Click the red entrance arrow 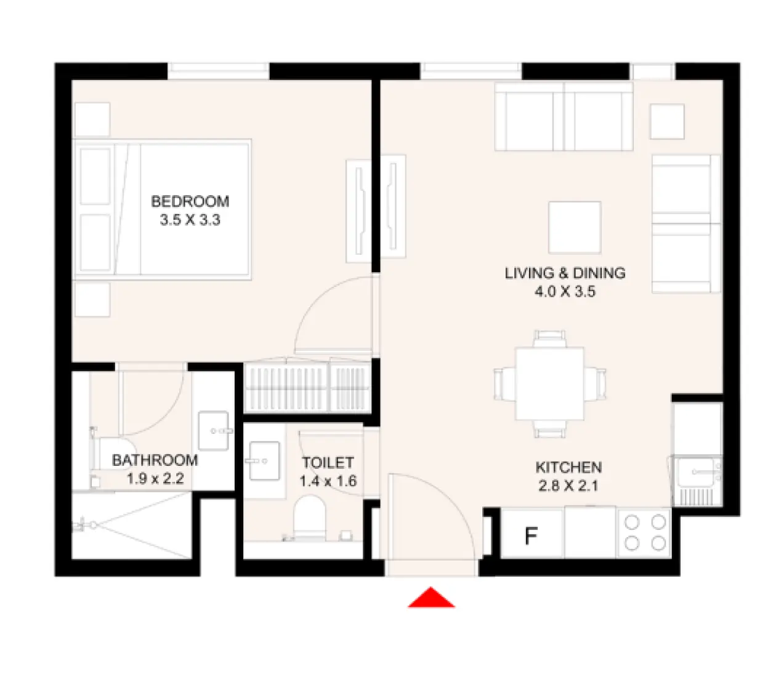tap(431, 598)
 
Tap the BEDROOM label tap(190, 201)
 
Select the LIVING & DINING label tap(565, 273)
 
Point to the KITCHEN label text tap(568, 467)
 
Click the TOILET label tap(328, 463)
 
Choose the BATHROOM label tap(155, 460)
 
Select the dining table tap(549, 383)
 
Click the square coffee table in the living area tap(575, 227)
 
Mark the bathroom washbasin tap(214, 430)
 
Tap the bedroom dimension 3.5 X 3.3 tap(190, 220)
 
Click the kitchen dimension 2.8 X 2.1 tap(568, 486)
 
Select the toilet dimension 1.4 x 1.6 tap(328, 481)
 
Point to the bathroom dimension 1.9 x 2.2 tap(155, 479)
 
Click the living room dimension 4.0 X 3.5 tap(565, 291)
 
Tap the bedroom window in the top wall tap(219, 70)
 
